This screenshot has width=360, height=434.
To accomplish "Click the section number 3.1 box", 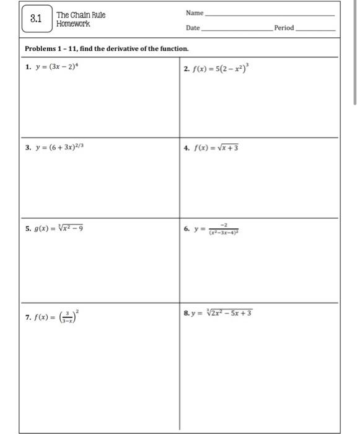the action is tap(36, 19).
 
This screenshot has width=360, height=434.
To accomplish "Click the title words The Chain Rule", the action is tap(81, 15).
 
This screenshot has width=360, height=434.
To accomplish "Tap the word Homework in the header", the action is tap(73, 24).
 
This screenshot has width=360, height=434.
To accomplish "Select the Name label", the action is tap(194, 12).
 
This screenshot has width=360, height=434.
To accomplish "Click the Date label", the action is tap(193, 28).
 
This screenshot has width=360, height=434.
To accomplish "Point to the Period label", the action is tap(284, 28).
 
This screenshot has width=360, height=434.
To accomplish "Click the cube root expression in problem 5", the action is tap(68, 228).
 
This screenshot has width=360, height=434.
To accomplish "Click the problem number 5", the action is tap(28, 228).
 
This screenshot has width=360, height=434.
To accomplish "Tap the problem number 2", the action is tap(187, 68).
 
